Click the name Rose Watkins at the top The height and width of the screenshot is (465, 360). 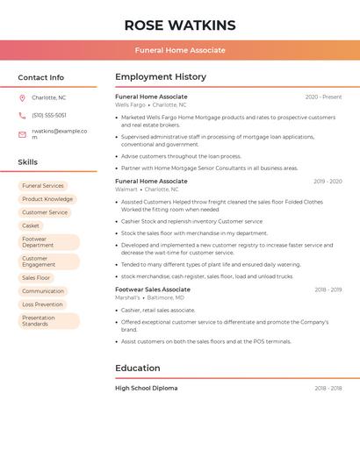180,25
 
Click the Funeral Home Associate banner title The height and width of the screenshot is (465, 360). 180,50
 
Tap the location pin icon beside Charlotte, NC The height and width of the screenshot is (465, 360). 22,97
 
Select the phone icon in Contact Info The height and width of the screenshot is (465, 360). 22,115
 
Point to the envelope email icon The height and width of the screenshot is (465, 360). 22,133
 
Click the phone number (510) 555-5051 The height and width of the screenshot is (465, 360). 49,115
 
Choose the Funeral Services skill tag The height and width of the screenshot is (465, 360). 43,186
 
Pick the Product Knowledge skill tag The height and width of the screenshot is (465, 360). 47,199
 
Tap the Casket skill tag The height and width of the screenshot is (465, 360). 31,225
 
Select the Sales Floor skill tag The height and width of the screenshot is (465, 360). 36,277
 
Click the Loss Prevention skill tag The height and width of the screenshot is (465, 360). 43,304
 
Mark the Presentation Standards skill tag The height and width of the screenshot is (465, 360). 39,321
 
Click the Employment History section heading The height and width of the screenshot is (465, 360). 161,77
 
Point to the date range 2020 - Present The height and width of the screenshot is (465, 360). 323,97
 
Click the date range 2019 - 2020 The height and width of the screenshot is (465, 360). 328,182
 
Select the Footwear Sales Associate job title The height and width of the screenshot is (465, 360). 153,290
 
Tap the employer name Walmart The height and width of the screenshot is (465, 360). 126,190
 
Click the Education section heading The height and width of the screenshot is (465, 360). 138,368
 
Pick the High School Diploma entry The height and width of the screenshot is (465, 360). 147,388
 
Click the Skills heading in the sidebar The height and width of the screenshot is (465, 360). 28,162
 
